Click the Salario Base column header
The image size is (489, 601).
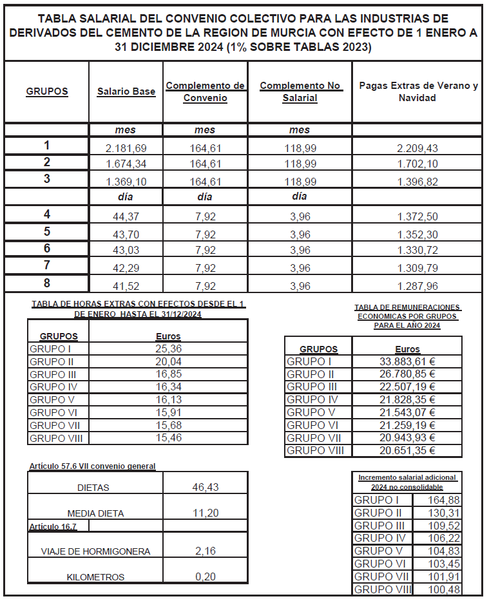click(126, 91)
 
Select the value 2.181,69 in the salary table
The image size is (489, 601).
click(126, 148)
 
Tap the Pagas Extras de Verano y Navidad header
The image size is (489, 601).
click(418, 91)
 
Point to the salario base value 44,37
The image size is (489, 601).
click(126, 217)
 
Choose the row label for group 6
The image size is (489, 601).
click(46, 248)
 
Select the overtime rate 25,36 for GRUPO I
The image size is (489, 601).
click(168, 348)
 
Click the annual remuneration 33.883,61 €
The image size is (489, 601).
click(407, 362)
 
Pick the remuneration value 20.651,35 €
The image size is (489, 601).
click(407, 451)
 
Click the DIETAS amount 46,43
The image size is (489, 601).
click(205, 488)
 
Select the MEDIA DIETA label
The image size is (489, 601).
click(95, 513)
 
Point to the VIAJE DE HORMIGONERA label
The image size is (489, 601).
click(95, 551)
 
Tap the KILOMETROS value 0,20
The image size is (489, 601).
click(205, 577)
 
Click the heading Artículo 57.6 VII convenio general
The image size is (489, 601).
click(92, 466)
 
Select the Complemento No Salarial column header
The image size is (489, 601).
click(300, 91)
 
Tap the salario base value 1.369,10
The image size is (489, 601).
click(126, 181)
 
